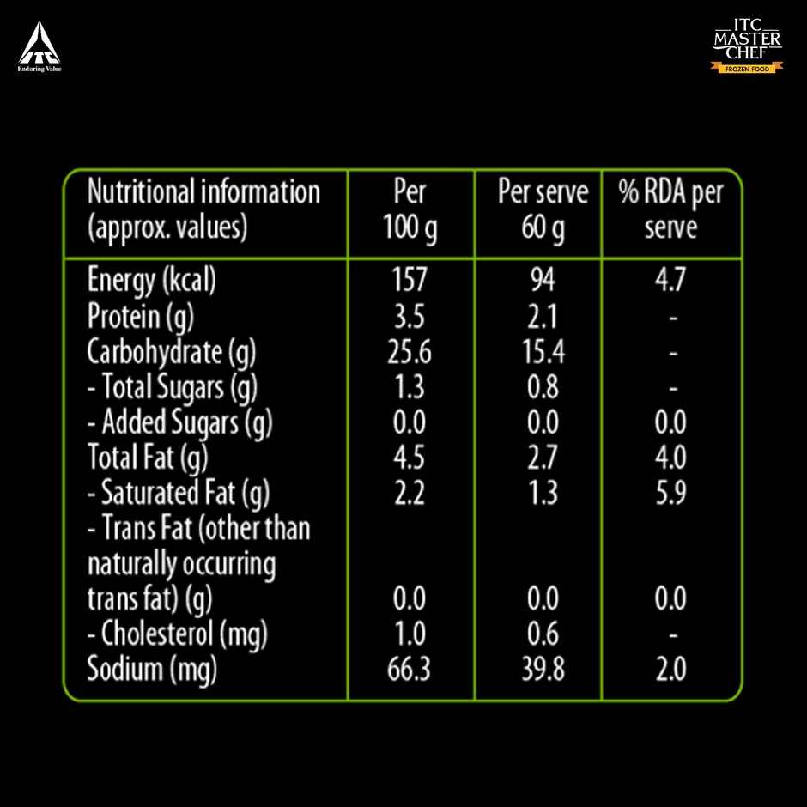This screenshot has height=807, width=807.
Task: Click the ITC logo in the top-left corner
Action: coord(39,47)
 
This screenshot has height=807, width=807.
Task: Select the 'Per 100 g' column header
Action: coord(410,210)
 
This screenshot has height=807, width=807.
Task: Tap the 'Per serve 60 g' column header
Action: coord(543,210)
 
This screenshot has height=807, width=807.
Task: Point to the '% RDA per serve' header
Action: coord(670,210)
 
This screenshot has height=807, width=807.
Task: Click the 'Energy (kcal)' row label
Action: coord(151,281)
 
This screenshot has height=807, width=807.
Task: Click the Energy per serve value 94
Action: coord(542,281)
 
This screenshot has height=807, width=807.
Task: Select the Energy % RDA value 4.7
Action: coord(670,281)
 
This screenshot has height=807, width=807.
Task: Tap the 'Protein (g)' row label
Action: coord(141,317)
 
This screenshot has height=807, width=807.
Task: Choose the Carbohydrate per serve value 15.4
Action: coord(543,352)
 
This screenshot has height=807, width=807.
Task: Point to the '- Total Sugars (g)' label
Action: coord(172,388)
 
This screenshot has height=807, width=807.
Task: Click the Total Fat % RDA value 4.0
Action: coord(670,458)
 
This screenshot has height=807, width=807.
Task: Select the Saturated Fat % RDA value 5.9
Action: coord(670,493)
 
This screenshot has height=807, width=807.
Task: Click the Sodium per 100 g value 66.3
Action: coord(409,670)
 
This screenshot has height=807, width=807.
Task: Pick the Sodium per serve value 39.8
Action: coord(543,670)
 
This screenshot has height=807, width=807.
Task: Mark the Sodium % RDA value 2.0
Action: coord(670,670)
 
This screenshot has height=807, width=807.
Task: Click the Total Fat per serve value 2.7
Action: coord(543,458)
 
